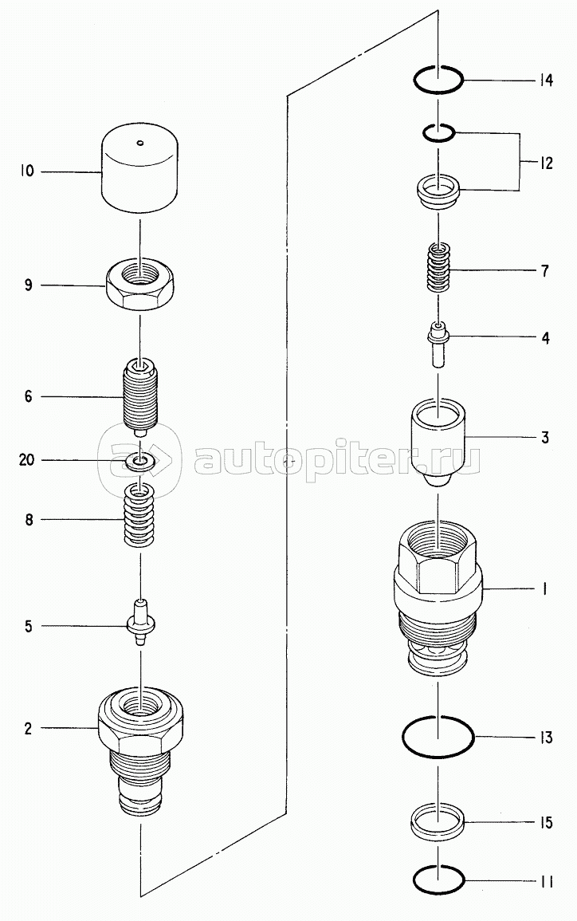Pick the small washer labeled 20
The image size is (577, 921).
pos(139,461)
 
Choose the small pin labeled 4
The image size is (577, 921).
pos(438,344)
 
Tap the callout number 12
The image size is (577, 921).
pos(546,163)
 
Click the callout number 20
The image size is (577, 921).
pos(27,460)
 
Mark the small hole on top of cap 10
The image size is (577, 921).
pos(139,142)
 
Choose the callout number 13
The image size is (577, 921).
pos(546,737)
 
